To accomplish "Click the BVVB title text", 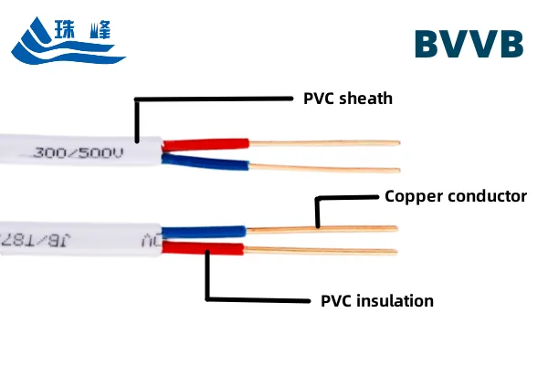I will click(x=469, y=44).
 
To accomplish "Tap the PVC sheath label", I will click(x=348, y=98).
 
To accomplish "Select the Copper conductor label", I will click(x=456, y=195).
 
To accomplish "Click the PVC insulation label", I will click(x=377, y=300).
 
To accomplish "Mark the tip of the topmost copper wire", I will click(x=397, y=142).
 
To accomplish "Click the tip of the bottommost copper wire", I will click(x=395, y=251).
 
